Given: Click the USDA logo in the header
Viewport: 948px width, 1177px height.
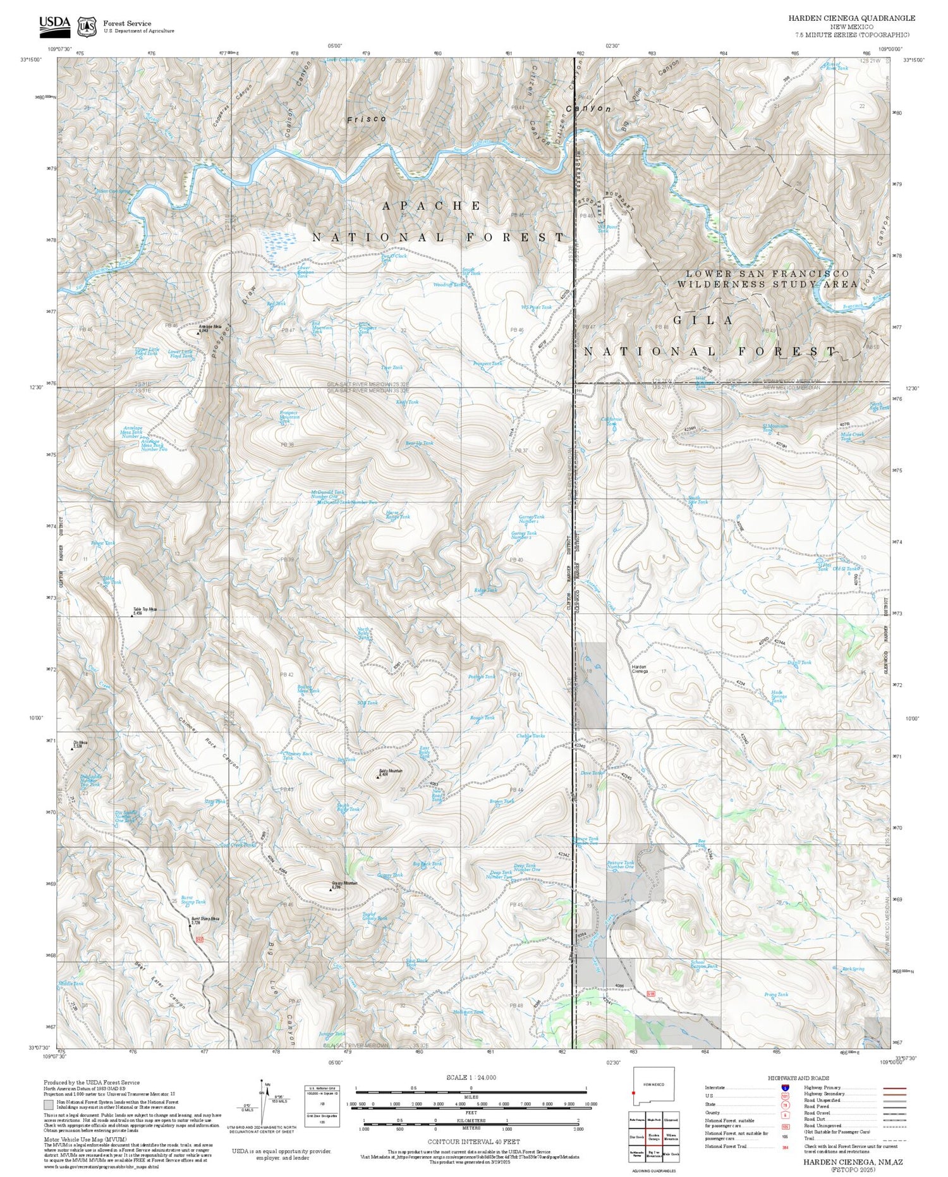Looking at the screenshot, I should pos(54,24).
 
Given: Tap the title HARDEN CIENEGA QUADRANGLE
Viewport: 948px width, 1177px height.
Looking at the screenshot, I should pos(851,18).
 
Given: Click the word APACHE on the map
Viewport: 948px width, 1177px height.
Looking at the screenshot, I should pos(432,206).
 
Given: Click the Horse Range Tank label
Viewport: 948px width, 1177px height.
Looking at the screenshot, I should pos(398,515).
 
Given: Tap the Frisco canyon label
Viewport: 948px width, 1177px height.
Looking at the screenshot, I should pos(366,119).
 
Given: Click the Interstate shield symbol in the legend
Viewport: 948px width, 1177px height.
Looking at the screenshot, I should pos(785,1088).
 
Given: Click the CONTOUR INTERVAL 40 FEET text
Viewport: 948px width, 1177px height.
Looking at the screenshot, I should pos(473,1142).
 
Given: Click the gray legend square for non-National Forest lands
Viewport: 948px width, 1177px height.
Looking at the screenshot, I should pos(48,1105).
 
